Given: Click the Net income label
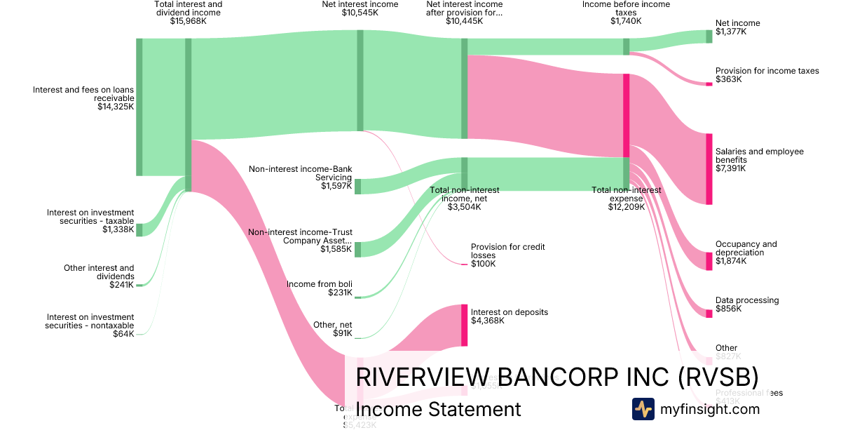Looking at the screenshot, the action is point(737,23).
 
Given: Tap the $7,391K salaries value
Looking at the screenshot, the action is point(731,168).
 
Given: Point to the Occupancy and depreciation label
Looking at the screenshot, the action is point(746,248).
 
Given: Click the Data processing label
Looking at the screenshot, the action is point(746,300).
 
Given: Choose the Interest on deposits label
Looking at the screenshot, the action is point(509,312).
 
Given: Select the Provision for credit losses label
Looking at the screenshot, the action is point(507,251).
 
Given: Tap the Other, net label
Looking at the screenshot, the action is point(332,325).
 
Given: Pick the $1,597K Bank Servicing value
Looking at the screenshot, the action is point(336,186).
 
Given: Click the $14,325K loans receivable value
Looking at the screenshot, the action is point(116,107).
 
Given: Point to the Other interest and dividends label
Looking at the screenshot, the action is point(99,272).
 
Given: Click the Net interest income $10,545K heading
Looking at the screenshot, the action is point(360,8).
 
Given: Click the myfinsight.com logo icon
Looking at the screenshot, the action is point(643,409).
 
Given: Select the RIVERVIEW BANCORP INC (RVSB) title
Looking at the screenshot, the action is point(556,377).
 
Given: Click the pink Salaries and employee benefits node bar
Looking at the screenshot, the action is point(709,169).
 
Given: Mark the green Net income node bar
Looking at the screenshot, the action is point(709,36).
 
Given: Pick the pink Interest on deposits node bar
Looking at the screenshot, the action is point(464,325).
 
